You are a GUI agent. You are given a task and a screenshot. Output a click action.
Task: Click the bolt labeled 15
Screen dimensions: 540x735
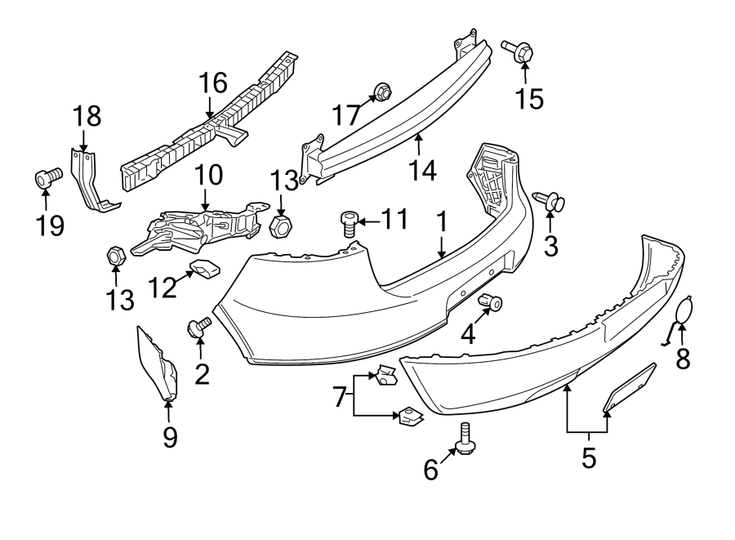pyautogui.click(x=517, y=51)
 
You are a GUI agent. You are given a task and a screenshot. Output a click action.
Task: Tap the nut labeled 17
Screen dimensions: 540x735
pyautogui.click(x=380, y=93)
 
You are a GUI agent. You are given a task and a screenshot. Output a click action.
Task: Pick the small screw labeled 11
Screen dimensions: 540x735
pyautogui.click(x=349, y=221)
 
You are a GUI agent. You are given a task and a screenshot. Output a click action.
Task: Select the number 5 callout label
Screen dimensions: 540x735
pyautogui.click(x=589, y=458)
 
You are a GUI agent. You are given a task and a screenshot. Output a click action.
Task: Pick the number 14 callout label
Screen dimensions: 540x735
pyautogui.click(x=423, y=170)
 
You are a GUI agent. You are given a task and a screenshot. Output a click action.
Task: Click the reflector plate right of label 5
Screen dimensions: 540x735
pyautogui.click(x=630, y=386)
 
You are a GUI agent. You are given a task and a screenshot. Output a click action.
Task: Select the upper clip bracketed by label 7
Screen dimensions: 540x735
pyautogui.click(x=382, y=376)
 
